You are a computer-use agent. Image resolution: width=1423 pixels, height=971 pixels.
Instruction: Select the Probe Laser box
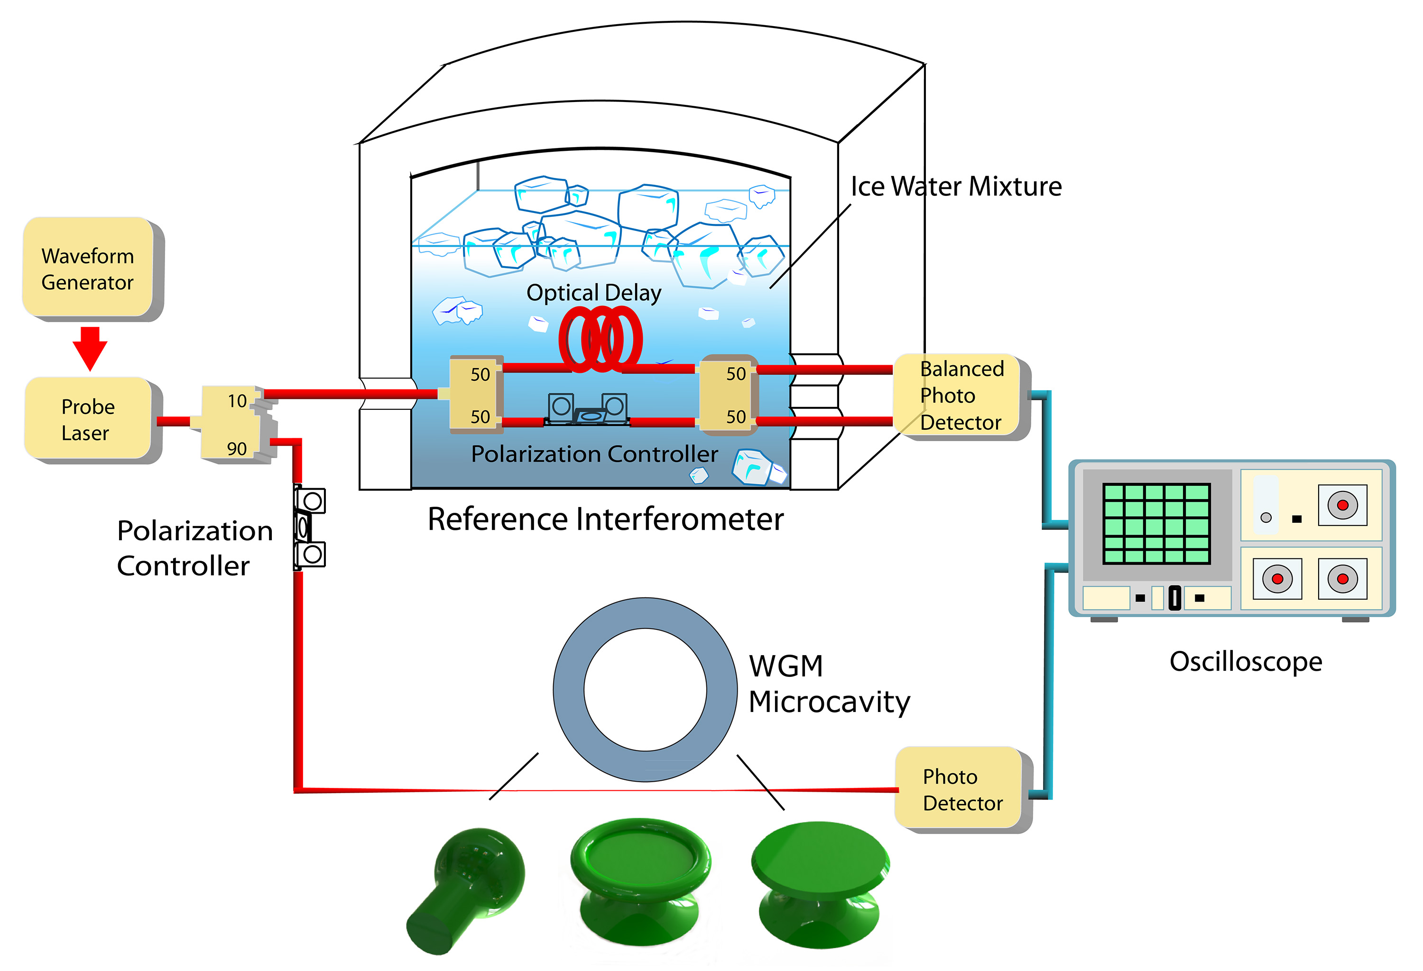[x=88, y=419]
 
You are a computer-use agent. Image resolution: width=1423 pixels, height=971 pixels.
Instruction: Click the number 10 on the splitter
[x=237, y=401]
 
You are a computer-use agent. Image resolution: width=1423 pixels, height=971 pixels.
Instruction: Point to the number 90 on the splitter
[x=237, y=449]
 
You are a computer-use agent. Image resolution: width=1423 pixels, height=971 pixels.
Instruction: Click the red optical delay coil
[x=600, y=339]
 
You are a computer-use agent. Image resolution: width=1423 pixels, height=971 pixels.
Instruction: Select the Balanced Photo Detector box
[x=958, y=396]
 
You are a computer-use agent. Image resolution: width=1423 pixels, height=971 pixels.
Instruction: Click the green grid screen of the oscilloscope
[x=1155, y=524]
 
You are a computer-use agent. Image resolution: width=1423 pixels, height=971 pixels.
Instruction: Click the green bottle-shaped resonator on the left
[x=465, y=888]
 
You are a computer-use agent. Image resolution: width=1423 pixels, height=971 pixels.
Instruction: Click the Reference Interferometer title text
[x=605, y=519]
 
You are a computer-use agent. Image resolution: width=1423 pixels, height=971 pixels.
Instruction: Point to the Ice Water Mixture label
[x=955, y=186]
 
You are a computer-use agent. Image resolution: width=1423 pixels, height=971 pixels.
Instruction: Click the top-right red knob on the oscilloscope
[x=1342, y=505]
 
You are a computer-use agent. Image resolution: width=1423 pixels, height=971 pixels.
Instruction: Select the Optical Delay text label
[x=593, y=293]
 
